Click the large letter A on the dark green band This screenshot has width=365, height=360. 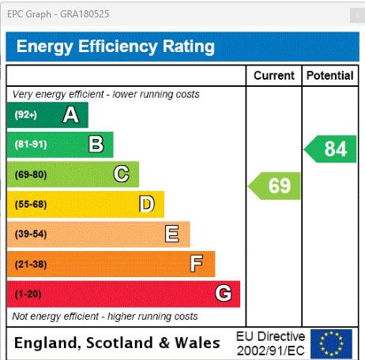point(71,114)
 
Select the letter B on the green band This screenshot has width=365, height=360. point(96,144)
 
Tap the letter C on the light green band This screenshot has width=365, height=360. point(122,174)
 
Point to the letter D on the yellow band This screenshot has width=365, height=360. point(147,204)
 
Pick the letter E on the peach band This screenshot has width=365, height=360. point(172,234)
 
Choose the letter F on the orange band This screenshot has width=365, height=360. point(197,263)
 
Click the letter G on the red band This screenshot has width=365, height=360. point(224,293)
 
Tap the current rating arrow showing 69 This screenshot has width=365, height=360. point(274,186)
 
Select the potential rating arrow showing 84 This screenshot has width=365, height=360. point(330,149)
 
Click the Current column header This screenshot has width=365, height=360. point(274,76)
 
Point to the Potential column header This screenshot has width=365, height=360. point(330,76)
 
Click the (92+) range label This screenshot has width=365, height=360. point(26,114)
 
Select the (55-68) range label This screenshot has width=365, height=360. point(31,204)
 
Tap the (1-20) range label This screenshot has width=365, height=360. point(28,294)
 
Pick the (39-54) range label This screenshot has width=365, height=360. point(31,234)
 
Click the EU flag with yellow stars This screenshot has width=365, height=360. point(331,344)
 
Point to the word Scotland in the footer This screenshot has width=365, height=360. point(119,343)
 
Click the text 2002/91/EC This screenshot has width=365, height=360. point(270,351)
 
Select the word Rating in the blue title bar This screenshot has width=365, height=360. point(189,47)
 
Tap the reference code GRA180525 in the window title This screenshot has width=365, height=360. point(85,14)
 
